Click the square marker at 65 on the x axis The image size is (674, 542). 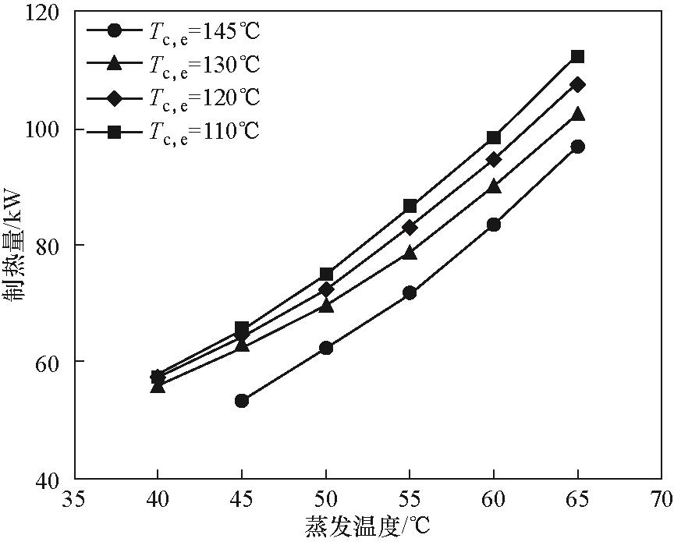(577, 56)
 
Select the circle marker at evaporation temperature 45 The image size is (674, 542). (242, 401)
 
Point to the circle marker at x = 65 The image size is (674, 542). (577, 147)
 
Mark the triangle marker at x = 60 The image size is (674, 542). (494, 186)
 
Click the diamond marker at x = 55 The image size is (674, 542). (410, 227)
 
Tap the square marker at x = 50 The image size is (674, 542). (326, 275)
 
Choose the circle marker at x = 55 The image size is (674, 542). (410, 293)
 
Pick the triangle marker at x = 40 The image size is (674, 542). (158, 385)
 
